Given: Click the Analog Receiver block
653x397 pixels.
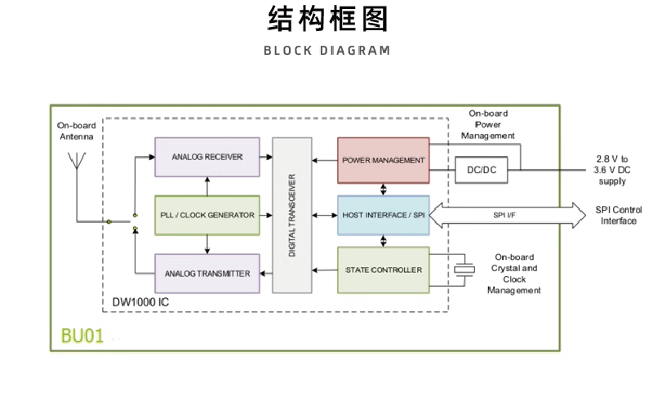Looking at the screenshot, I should [207, 157].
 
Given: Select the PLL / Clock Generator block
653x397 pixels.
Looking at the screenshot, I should [207, 215].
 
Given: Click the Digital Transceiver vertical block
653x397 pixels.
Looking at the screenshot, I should [292, 216].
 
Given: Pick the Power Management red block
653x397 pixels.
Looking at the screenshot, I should [383, 159].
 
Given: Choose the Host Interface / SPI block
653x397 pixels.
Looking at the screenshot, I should [383, 215].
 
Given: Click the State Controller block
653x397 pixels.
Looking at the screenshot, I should [383, 270].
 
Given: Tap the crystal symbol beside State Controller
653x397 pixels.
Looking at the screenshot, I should [465, 270].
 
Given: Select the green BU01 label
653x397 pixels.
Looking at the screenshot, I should [82, 336].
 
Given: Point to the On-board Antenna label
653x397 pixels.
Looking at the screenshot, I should [77, 131].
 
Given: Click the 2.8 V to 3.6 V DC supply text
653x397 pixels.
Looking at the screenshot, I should [613, 169].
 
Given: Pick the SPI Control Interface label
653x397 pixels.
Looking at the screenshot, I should [619, 215].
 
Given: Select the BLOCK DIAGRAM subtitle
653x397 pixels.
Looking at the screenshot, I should [326, 51].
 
